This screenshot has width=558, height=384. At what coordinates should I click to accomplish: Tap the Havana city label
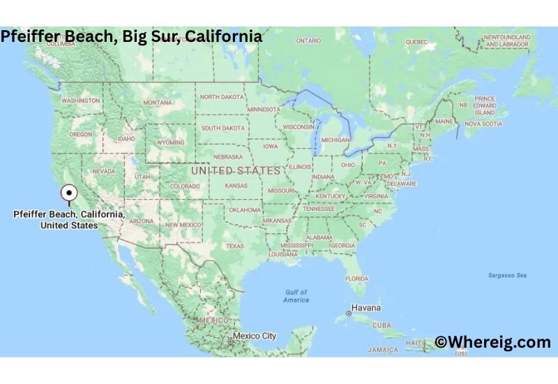click(365, 308)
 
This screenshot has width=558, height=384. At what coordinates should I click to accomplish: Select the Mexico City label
click(255, 336)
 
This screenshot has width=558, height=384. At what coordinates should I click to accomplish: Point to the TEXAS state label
click(235, 246)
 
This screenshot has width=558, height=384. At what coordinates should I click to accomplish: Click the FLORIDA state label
click(356, 279)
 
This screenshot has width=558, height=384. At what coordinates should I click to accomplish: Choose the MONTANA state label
click(158, 103)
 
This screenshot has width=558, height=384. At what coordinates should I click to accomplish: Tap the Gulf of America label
click(296, 296)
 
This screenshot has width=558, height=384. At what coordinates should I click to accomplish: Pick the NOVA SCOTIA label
click(483, 124)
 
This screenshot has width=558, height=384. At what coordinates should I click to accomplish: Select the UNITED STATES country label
click(236, 170)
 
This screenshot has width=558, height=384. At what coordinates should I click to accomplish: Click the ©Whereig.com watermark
click(493, 341)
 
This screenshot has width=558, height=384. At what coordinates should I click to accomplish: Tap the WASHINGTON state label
click(81, 101)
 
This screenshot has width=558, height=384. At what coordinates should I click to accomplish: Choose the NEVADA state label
click(104, 171)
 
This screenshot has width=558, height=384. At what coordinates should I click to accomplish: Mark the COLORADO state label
click(185, 186)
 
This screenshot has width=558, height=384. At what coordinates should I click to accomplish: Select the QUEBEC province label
click(416, 41)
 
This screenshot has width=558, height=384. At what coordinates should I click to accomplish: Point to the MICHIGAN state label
click(335, 140)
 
